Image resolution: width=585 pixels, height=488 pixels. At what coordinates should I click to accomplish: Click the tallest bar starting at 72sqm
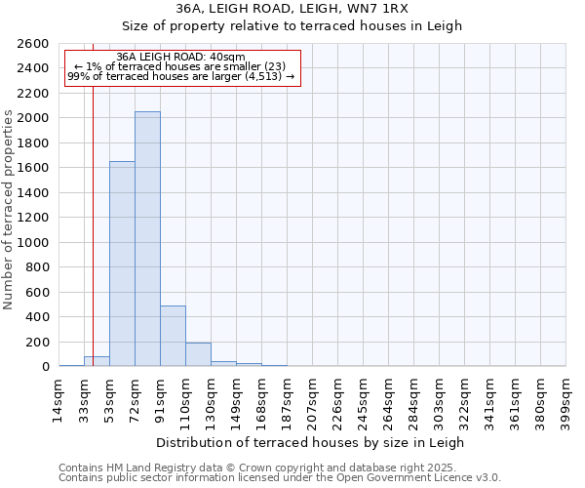[x=147, y=239]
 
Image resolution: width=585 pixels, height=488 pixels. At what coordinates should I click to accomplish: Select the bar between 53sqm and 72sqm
[x=122, y=264]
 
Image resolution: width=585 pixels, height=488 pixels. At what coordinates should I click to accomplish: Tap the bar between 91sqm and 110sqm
[x=173, y=336]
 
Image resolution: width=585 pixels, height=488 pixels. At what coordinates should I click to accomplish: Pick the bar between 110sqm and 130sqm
[x=198, y=354]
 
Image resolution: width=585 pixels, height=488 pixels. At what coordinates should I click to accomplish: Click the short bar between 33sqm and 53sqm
[x=97, y=361]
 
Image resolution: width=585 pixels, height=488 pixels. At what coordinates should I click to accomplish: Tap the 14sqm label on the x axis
[x=58, y=400]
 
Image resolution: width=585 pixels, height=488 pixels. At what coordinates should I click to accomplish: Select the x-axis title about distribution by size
[x=311, y=442]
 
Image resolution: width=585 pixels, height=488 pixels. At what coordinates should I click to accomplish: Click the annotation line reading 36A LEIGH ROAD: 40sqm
[x=180, y=57]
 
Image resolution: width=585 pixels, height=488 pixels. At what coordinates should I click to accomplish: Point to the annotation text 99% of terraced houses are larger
[x=180, y=76]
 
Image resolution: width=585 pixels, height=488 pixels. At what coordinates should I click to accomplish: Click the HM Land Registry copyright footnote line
[x=279, y=468]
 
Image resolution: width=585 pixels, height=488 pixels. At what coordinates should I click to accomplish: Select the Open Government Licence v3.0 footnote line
[x=279, y=477]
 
